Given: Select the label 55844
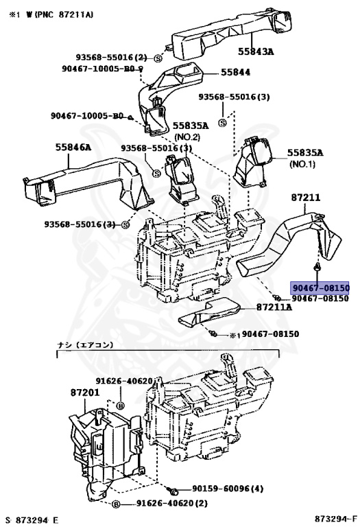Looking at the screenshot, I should point(235,73).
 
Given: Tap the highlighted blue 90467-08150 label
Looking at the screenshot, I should point(320,288).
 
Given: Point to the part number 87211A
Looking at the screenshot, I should point(275,307).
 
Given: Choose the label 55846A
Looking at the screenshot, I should point(73,146).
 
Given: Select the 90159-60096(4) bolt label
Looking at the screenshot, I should point(228,489).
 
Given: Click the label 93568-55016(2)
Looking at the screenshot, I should point(112,57).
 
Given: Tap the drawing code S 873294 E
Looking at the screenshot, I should point(32,519).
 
